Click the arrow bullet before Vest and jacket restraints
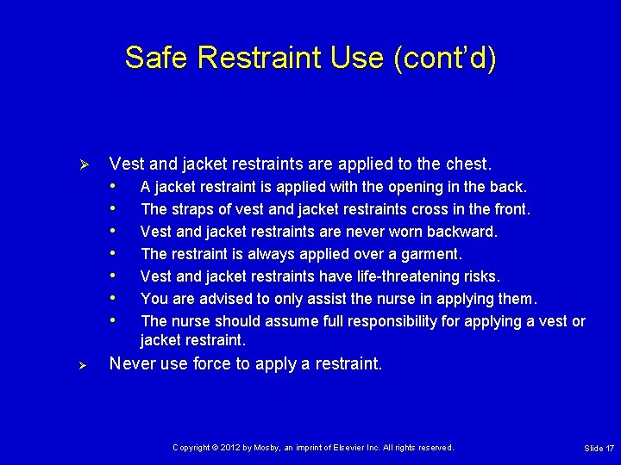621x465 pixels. pos(85,164)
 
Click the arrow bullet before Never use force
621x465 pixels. pos(85,364)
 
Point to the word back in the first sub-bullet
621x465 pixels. pos(509,187)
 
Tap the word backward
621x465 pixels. pos(465,232)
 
